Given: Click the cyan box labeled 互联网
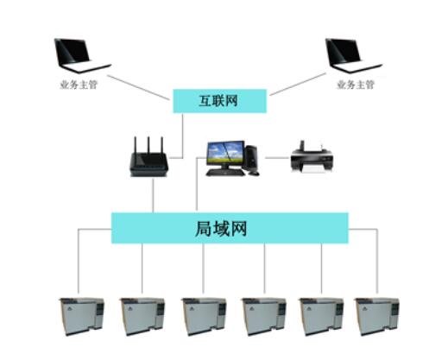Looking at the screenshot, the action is [x=219, y=101].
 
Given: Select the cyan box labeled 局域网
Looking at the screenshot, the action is [x=230, y=228].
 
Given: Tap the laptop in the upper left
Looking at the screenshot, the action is [x=82, y=56].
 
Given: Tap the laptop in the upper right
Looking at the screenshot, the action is [x=353, y=56].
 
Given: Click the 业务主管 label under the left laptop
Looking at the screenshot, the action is [x=79, y=85].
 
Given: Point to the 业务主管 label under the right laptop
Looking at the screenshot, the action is [x=356, y=85].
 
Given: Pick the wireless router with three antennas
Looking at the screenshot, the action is [x=148, y=157].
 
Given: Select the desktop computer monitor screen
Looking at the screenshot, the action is [x=225, y=154].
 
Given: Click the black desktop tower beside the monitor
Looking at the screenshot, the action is [x=251, y=158].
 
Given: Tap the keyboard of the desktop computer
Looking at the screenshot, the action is [x=225, y=173].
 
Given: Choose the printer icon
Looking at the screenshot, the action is [x=312, y=157].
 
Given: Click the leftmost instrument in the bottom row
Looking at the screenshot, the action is [x=82, y=317].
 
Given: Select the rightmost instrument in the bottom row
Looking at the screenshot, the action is [x=377, y=317].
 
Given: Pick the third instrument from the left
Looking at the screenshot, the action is [x=204, y=317].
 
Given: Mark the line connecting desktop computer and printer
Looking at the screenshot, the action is [x=277, y=158].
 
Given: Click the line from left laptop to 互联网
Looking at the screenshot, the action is [x=138, y=88].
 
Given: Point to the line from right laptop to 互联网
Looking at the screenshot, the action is [x=298, y=84].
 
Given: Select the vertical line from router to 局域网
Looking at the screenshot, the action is [x=153, y=195].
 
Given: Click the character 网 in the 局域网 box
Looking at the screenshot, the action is [x=238, y=229].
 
